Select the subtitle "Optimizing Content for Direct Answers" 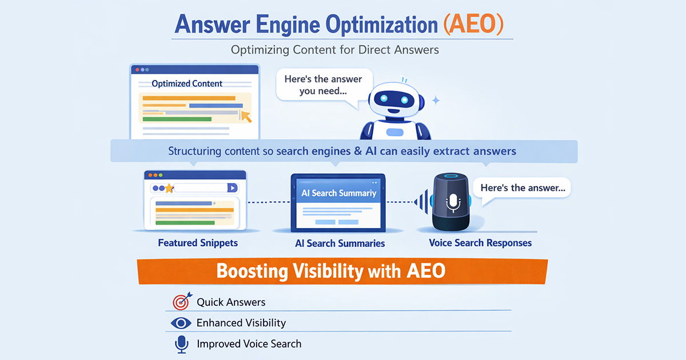(x=335, y=50)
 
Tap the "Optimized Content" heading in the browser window (x=187, y=83)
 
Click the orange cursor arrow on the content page (x=246, y=116)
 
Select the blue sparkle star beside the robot (x=436, y=101)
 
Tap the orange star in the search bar (x=169, y=188)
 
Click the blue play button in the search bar (x=232, y=187)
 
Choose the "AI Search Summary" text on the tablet (x=339, y=193)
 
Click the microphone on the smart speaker (x=453, y=202)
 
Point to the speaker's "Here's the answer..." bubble (x=524, y=187)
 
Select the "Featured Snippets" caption (x=198, y=243)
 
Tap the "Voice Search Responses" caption (x=480, y=243)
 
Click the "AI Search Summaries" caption (x=340, y=243)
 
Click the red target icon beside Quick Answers (x=181, y=302)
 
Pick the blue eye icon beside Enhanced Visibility (x=181, y=323)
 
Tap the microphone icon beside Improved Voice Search (x=181, y=343)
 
